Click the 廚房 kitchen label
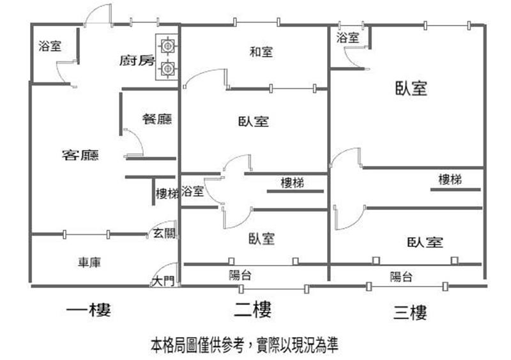[137, 60]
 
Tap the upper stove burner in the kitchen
[167, 45]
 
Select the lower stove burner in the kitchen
[167, 68]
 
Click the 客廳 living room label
[80, 155]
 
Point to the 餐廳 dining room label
[157, 119]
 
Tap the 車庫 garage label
[89, 262]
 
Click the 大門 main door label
[164, 280]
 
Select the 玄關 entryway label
[165, 233]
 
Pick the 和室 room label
[261, 52]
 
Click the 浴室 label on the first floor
[50, 46]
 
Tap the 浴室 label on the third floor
[347, 38]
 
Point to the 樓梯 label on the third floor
[450, 179]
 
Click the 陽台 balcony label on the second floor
[240, 275]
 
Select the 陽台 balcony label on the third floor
[402, 276]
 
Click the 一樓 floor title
[89, 310]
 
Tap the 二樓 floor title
[253, 310]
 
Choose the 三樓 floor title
[410, 312]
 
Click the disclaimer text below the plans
[245, 345]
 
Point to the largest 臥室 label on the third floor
[411, 88]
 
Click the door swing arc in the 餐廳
[139, 139]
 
